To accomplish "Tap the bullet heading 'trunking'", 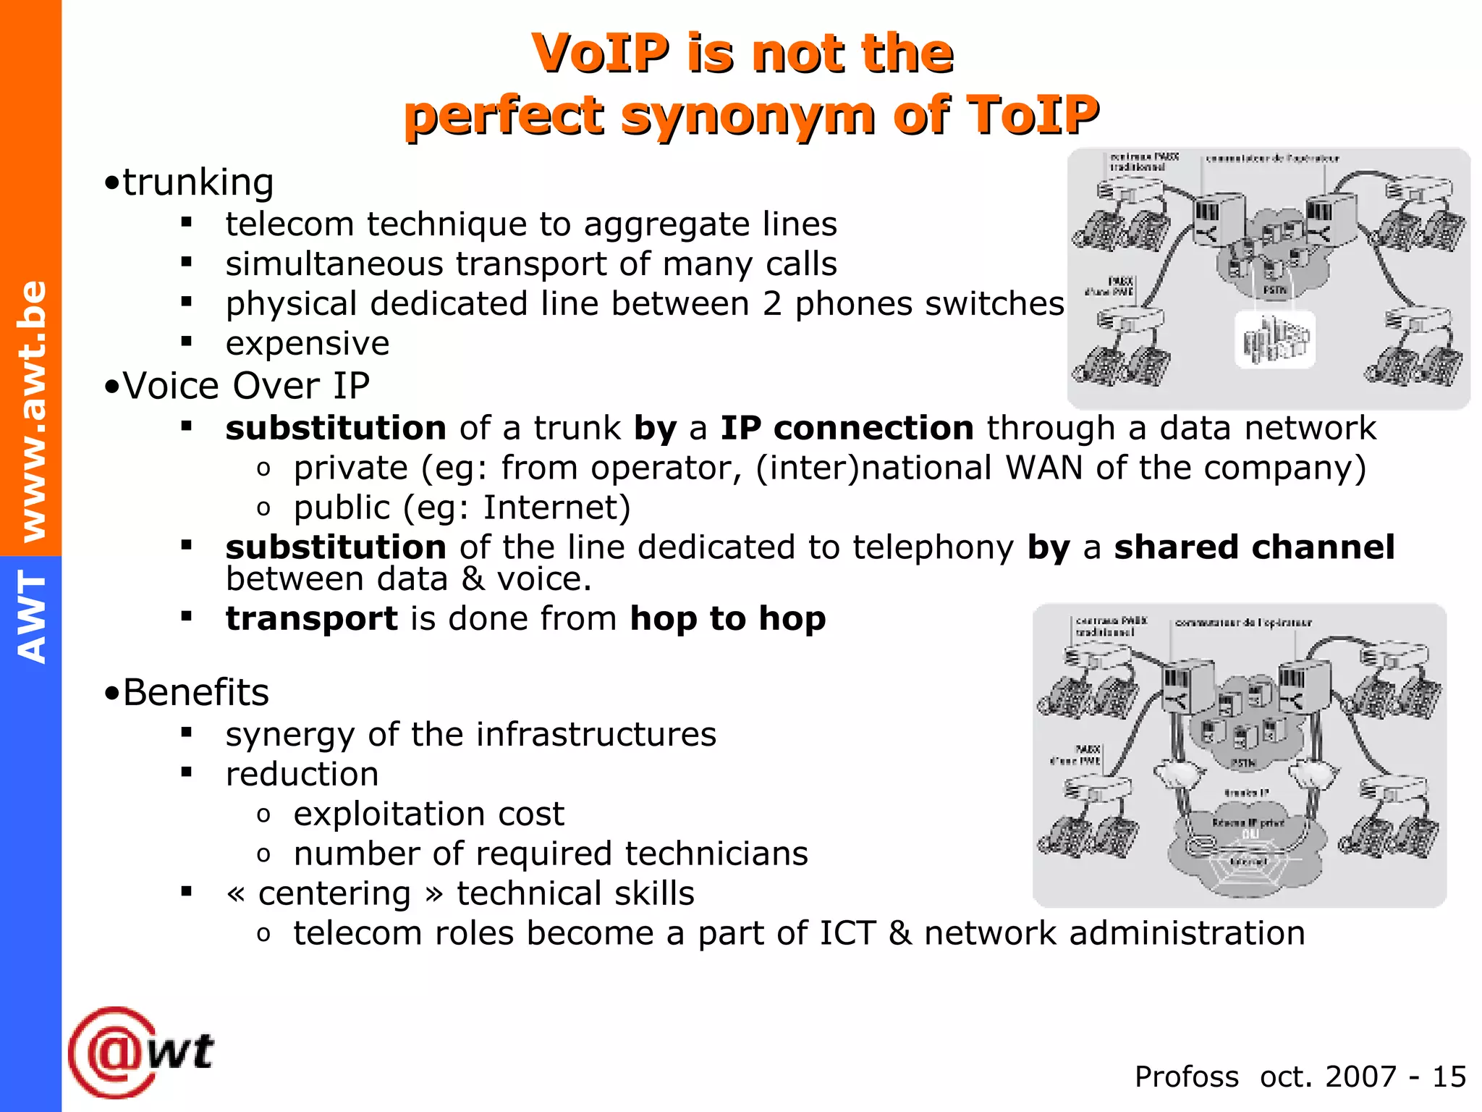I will (x=198, y=182).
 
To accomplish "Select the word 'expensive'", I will (x=308, y=343).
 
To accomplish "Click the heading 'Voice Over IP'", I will (x=246, y=385).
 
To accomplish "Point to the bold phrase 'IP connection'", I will (x=847, y=428).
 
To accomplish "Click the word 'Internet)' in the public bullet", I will (x=556, y=507).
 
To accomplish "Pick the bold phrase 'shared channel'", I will (x=1253, y=547).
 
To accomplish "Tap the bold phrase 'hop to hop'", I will (x=727, y=619).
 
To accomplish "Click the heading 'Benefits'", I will (x=195, y=692).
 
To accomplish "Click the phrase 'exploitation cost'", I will (x=428, y=814).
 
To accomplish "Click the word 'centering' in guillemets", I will (x=334, y=893).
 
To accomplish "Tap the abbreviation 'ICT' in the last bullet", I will (x=847, y=933).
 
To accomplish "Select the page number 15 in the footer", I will (x=1449, y=1077).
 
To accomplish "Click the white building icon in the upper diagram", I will (x=1275, y=340).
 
